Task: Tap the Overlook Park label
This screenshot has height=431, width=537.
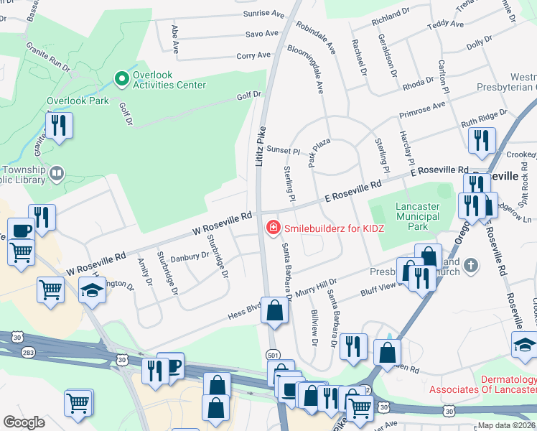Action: (x=78, y=101)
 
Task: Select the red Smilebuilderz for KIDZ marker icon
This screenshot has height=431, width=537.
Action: (x=273, y=228)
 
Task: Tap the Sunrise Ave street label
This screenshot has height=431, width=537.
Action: (x=265, y=13)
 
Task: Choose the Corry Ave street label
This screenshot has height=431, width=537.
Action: (x=253, y=55)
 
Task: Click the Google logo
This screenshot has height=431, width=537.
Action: (x=24, y=422)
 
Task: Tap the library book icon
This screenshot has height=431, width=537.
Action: (x=56, y=172)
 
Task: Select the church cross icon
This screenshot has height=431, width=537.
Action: (x=471, y=265)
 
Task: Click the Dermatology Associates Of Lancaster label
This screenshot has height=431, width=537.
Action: (x=482, y=384)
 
